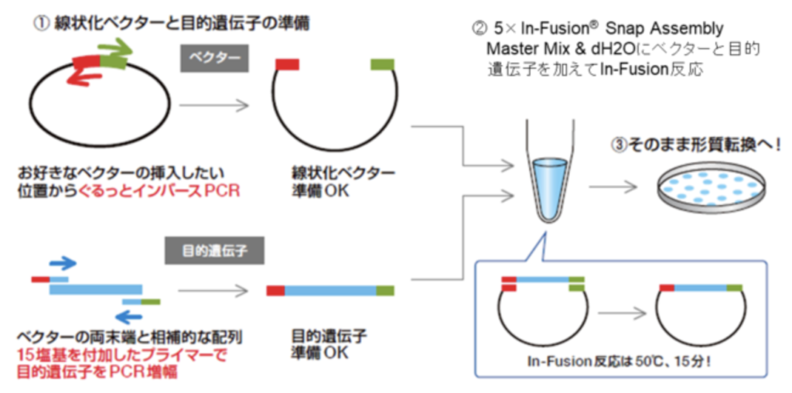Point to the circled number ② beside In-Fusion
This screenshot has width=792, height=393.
(x=479, y=30)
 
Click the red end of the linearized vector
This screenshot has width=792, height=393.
(x=287, y=63)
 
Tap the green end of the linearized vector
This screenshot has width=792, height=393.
(x=382, y=63)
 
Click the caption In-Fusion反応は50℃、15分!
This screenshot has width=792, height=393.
(x=618, y=361)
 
